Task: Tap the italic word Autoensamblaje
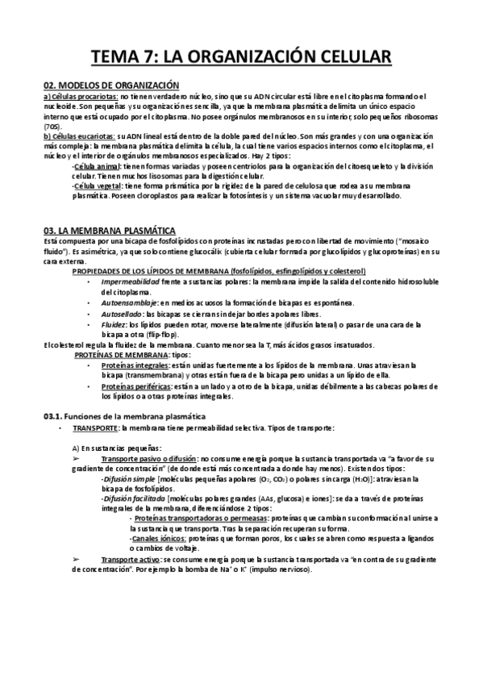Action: (x=130, y=302)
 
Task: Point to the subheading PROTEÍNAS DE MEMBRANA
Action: (x=122, y=354)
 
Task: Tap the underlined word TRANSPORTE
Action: (x=95, y=427)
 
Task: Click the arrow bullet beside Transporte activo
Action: (x=77, y=559)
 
